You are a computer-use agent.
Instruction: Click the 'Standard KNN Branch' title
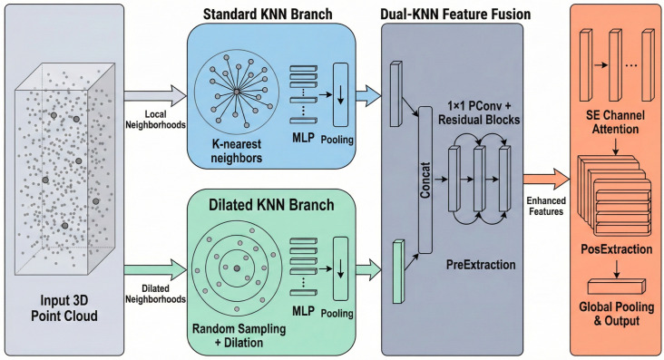point(268,14)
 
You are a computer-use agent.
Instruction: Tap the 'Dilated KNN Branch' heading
point(271,205)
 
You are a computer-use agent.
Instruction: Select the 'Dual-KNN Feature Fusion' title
point(455,14)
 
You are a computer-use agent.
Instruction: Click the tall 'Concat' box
point(425,180)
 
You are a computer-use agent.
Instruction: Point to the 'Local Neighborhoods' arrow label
point(155,120)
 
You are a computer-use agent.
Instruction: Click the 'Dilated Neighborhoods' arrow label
point(155,294)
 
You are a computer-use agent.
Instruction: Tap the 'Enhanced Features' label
point(546,206)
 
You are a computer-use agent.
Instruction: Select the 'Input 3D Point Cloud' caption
point(64,308)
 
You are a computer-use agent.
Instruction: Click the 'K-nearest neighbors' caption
point(236,151)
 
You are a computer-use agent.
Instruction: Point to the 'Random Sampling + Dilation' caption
point(239,336)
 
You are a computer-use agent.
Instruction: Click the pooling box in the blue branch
point(340,94)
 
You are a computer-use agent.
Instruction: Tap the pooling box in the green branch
point(340,269)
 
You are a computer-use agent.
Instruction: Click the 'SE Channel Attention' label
point(615,122)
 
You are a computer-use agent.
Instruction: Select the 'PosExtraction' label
point(617,249)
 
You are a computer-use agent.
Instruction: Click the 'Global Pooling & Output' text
point(617,314)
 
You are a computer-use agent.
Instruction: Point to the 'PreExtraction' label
point(481,265)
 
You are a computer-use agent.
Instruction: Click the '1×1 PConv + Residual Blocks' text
point(479,113)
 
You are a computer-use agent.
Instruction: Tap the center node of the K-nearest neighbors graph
point(237,92)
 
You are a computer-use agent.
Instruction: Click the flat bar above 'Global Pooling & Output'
point(617,287)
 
